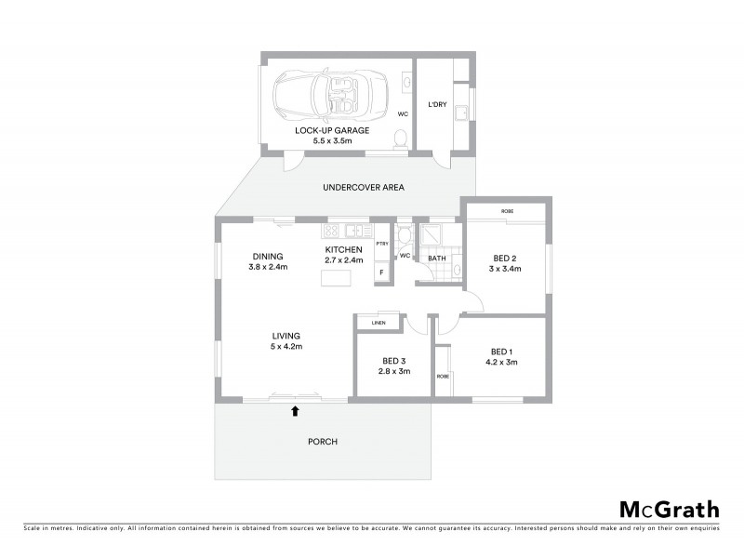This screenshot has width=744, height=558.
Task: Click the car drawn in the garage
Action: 327,93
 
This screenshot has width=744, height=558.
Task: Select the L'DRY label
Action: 437,105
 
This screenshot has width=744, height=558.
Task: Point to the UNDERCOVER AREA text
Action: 363,188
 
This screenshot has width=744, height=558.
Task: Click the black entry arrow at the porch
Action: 296,409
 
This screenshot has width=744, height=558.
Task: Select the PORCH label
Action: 324,442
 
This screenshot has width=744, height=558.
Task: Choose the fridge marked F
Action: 381,272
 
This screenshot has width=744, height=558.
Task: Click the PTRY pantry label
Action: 381,244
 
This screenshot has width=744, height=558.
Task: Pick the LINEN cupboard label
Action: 379,323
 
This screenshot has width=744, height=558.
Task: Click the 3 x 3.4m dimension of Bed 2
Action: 506,269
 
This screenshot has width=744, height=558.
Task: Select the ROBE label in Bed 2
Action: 507,212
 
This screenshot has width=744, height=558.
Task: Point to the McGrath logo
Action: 669,509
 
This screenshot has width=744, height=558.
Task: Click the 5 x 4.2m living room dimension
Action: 286,347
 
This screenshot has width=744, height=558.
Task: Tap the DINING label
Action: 268,257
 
